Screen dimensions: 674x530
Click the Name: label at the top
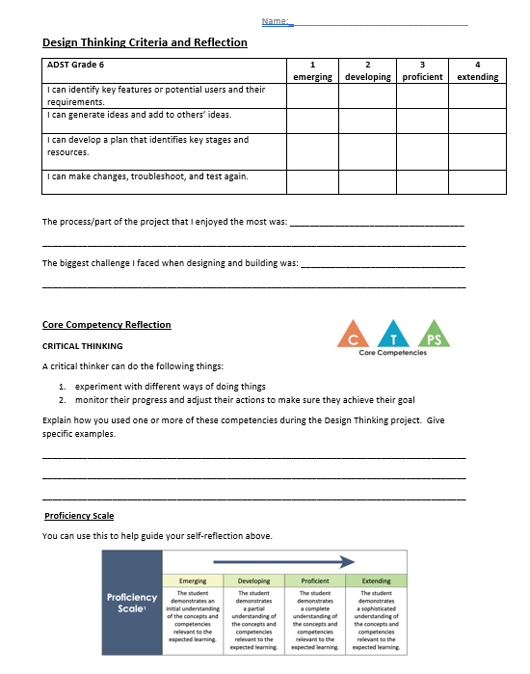point(277,21)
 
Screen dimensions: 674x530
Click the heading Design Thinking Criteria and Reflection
point(145,42)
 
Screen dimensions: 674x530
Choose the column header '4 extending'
point(478,70)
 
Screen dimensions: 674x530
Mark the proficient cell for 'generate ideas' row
point(422,120)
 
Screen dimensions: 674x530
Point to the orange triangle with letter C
point(352,335)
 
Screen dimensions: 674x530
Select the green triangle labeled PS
point(435,336)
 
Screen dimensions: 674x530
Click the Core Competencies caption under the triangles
point(392,354)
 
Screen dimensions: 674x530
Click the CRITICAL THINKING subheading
point(82,345)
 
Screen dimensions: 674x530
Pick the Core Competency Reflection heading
point(106,325)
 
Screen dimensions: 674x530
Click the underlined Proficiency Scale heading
point(79,516)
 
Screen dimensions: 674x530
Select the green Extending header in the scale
point(376,581)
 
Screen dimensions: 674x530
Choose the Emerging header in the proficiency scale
point(194,581)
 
